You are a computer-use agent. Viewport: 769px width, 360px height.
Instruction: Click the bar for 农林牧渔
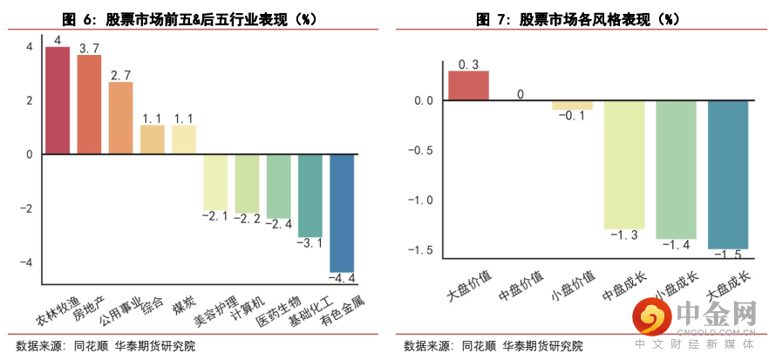(x=58, y=100)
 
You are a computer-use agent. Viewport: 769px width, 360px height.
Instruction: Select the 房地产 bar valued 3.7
(x=89, y=105)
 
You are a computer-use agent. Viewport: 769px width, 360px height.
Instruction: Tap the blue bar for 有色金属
(x=342, y=213)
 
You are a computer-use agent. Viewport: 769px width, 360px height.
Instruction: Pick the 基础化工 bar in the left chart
(x=310, y=195)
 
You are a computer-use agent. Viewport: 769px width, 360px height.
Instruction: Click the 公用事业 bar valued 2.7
(x=120, y=118)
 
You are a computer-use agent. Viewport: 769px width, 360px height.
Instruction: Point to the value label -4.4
(x=342, y=279)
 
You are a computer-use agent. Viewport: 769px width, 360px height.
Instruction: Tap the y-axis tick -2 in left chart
(x=29, y=208)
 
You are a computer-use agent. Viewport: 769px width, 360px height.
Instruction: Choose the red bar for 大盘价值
(x=468, y=85)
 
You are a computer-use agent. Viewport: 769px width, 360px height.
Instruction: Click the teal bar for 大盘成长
(x=728, y=174)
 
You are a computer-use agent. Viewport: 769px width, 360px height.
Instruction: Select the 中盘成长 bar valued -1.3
(x=624, y=165)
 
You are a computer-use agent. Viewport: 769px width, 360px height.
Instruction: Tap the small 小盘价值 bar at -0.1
(x=572, y=105)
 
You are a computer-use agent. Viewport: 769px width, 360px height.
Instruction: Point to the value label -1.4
(x=677, y=246)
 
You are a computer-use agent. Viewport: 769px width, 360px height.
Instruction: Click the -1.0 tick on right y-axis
(x=422, y=200)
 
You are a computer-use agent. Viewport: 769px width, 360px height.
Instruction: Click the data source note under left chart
(x=105, y=346)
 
